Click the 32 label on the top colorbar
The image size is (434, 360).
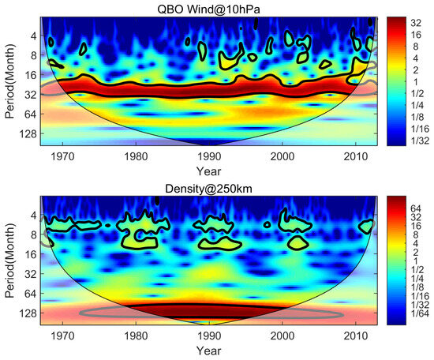click(x=411, y=24)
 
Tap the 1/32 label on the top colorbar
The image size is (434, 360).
click(x=415, y=139)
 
